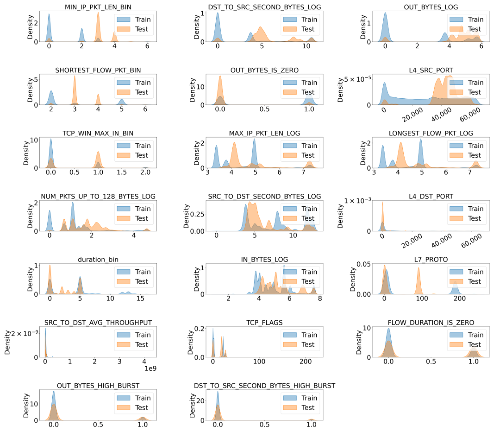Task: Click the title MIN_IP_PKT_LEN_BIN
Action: point(98,7)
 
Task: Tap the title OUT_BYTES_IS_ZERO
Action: point(264,70)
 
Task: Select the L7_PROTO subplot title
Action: point(431,259)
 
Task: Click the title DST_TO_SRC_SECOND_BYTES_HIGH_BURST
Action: point(264,385)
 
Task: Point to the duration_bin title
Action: point(98,259)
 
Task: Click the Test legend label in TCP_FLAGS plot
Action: point(308,344)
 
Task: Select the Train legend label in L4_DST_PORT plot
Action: point(475,209)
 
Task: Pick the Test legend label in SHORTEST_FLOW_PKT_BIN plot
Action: point(142,92)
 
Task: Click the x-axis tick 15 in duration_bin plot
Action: point(140,298)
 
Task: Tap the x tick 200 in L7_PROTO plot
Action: point(460,298)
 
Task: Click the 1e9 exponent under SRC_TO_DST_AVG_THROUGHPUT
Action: point(150,368)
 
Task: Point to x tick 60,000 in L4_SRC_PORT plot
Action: point(470,114)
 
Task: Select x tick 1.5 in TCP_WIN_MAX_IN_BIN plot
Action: point(121,172)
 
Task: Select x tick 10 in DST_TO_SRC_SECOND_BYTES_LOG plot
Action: point(306,46)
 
